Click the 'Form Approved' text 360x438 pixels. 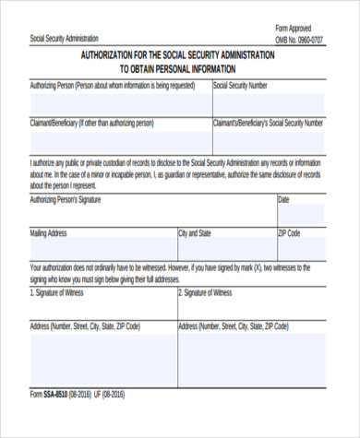click(295, 28)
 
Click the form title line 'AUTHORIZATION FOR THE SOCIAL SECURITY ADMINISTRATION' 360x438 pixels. click(178, 56)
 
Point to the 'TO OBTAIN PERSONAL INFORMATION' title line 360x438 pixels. click(178, 69)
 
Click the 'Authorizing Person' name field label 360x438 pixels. click(113, 86)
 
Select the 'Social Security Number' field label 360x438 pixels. click(241, 86)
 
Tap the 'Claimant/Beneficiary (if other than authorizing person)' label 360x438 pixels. click(91, 122)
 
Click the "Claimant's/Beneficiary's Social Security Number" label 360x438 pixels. click(269, 122)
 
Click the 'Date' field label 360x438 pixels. click(284, 199)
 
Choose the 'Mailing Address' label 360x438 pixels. click(49, 234)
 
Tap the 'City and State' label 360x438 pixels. click(195, 234)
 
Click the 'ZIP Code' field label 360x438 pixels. click(290, 234)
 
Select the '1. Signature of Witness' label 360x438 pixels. click(57, 292)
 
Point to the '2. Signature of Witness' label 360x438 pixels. click(205, 292)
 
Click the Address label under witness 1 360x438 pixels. click(85, 326)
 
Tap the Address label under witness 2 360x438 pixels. click(233, 326)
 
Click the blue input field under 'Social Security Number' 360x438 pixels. click(269, 103)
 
